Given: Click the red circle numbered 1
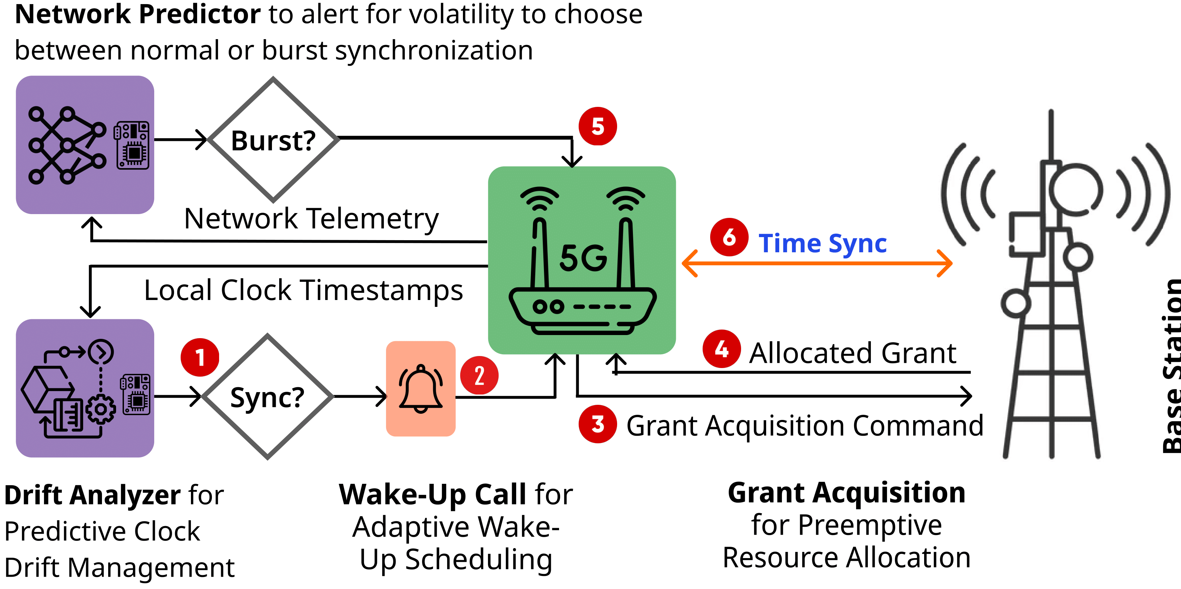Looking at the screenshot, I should [200, 357].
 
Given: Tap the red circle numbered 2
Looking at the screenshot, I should [479, 375].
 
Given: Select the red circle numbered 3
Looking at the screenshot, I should [598, 424].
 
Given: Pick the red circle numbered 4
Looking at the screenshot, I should [722, 349].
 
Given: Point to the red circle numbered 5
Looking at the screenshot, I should [598, 126].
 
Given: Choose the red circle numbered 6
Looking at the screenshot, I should [729, 237].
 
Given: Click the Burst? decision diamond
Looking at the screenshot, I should [273, 140].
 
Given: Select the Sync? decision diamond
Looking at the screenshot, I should [267, 397].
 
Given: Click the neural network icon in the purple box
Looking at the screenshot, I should [67, 145].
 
